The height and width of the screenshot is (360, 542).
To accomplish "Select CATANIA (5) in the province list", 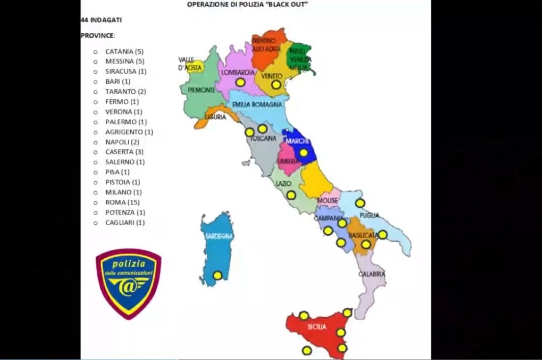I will click(x=124, y=51).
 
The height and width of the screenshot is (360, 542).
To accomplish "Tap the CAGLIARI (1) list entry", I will click(x=125, y=222).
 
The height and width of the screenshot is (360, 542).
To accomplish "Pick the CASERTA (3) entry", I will click(x=124, y=152).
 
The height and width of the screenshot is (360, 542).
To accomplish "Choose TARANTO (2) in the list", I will click(x=125, y=91).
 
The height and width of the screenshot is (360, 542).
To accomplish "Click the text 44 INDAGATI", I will click(x=101, y=20).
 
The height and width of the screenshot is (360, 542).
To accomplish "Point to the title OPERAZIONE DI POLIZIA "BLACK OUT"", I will click(x=251, y=4).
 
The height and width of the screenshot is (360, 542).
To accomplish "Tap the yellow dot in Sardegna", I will click(x=217, y=276).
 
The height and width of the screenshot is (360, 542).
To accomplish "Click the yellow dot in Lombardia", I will click(x=240, y=83).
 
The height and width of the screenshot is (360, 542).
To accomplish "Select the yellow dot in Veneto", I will click(x=276, y=84).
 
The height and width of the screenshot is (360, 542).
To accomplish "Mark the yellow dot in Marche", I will click(x=304, y=153).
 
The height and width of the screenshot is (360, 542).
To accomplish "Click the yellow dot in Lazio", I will click(x=291, y=195).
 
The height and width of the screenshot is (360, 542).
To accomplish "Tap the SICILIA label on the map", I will click(x=317, y=327).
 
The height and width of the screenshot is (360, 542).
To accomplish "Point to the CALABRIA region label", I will click(x=372, y=274).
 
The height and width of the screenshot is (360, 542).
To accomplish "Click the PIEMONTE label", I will click(x=200, y=90).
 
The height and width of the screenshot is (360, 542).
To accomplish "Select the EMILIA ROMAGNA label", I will click(x=257, y=105).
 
